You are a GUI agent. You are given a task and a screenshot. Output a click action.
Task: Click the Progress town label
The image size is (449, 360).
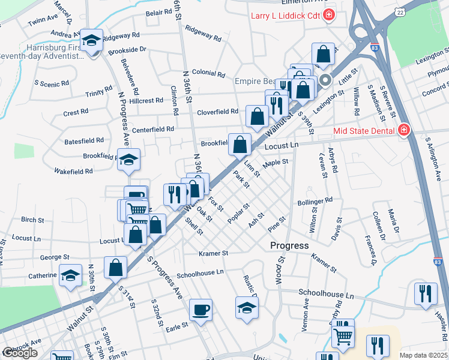coord(289,245)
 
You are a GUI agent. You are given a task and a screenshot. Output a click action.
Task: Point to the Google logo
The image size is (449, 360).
coord(19,353)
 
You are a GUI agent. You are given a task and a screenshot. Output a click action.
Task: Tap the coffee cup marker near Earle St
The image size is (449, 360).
coord(200,310)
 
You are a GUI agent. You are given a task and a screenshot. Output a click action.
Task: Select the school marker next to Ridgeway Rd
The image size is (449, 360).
coord(92,40)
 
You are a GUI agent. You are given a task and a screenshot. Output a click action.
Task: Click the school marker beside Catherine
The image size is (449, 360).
coord(71,276)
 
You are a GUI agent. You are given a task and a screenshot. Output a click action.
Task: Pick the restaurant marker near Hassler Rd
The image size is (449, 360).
coord(426,294)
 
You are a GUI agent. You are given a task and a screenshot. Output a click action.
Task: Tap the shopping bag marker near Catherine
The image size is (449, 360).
coord(115,268)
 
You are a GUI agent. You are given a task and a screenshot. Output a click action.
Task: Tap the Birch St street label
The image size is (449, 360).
coord(32,220)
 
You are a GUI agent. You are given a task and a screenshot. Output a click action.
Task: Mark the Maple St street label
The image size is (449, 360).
coord(276,162)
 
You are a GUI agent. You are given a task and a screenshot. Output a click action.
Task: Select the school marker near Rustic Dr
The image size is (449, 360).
coord(247,307)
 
